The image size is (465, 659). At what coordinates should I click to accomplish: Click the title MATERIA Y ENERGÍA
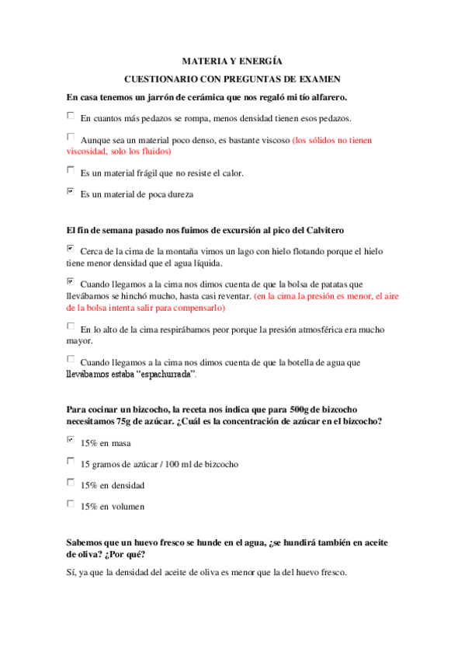click(x=231, y=60)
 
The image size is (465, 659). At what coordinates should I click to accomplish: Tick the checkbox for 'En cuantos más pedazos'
click(x=71, y=117)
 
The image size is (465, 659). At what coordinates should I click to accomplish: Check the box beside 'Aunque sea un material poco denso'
click(x=71, y=138)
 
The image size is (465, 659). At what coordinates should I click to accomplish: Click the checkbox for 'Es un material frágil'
click(x=71, y=170)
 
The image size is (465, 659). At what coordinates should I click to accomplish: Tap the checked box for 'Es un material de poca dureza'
click(x=71, y=191)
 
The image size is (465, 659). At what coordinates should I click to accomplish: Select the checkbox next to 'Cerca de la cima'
click(x=71, y=249)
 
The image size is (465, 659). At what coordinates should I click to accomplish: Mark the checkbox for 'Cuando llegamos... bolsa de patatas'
click(x=71, y=281)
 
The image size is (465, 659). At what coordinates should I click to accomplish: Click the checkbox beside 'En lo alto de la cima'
click(x=71, y=326)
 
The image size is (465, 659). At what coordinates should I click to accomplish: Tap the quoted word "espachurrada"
click(x=162, y=375)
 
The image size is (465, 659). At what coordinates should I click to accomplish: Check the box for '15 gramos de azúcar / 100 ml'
click(x=71, y=462)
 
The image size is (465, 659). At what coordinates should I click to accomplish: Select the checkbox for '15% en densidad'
click(x=71, y=483)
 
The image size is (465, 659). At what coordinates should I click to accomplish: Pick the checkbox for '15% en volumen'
click(x=71, y=504)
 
